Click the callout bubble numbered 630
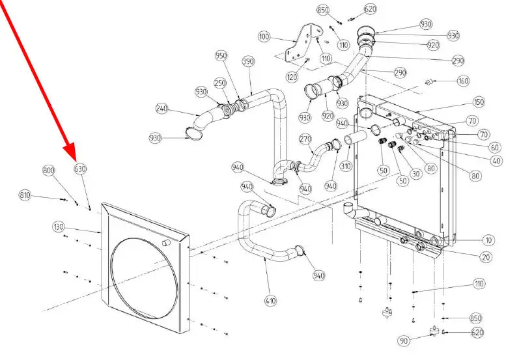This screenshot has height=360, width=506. point(80,169)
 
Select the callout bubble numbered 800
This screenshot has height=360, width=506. point(49,170)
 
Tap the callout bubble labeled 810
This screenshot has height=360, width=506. point(25,195)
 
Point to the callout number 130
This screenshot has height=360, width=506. point(59,227)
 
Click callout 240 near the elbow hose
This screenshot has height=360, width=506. point(162,109)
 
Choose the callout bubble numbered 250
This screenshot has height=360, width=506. point(220,83)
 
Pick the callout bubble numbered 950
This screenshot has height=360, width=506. point(221,56)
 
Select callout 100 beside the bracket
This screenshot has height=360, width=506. point(264,36)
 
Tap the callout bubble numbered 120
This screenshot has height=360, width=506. point(292,77)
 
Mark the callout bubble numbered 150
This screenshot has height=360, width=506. point(479,103)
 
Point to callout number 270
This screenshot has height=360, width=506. point(305,139)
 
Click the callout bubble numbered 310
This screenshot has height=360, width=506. point(345,166)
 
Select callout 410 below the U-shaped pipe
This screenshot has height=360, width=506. point(271,301)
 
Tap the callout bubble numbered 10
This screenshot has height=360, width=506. point(488,240)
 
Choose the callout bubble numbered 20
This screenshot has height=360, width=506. point(486,257)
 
